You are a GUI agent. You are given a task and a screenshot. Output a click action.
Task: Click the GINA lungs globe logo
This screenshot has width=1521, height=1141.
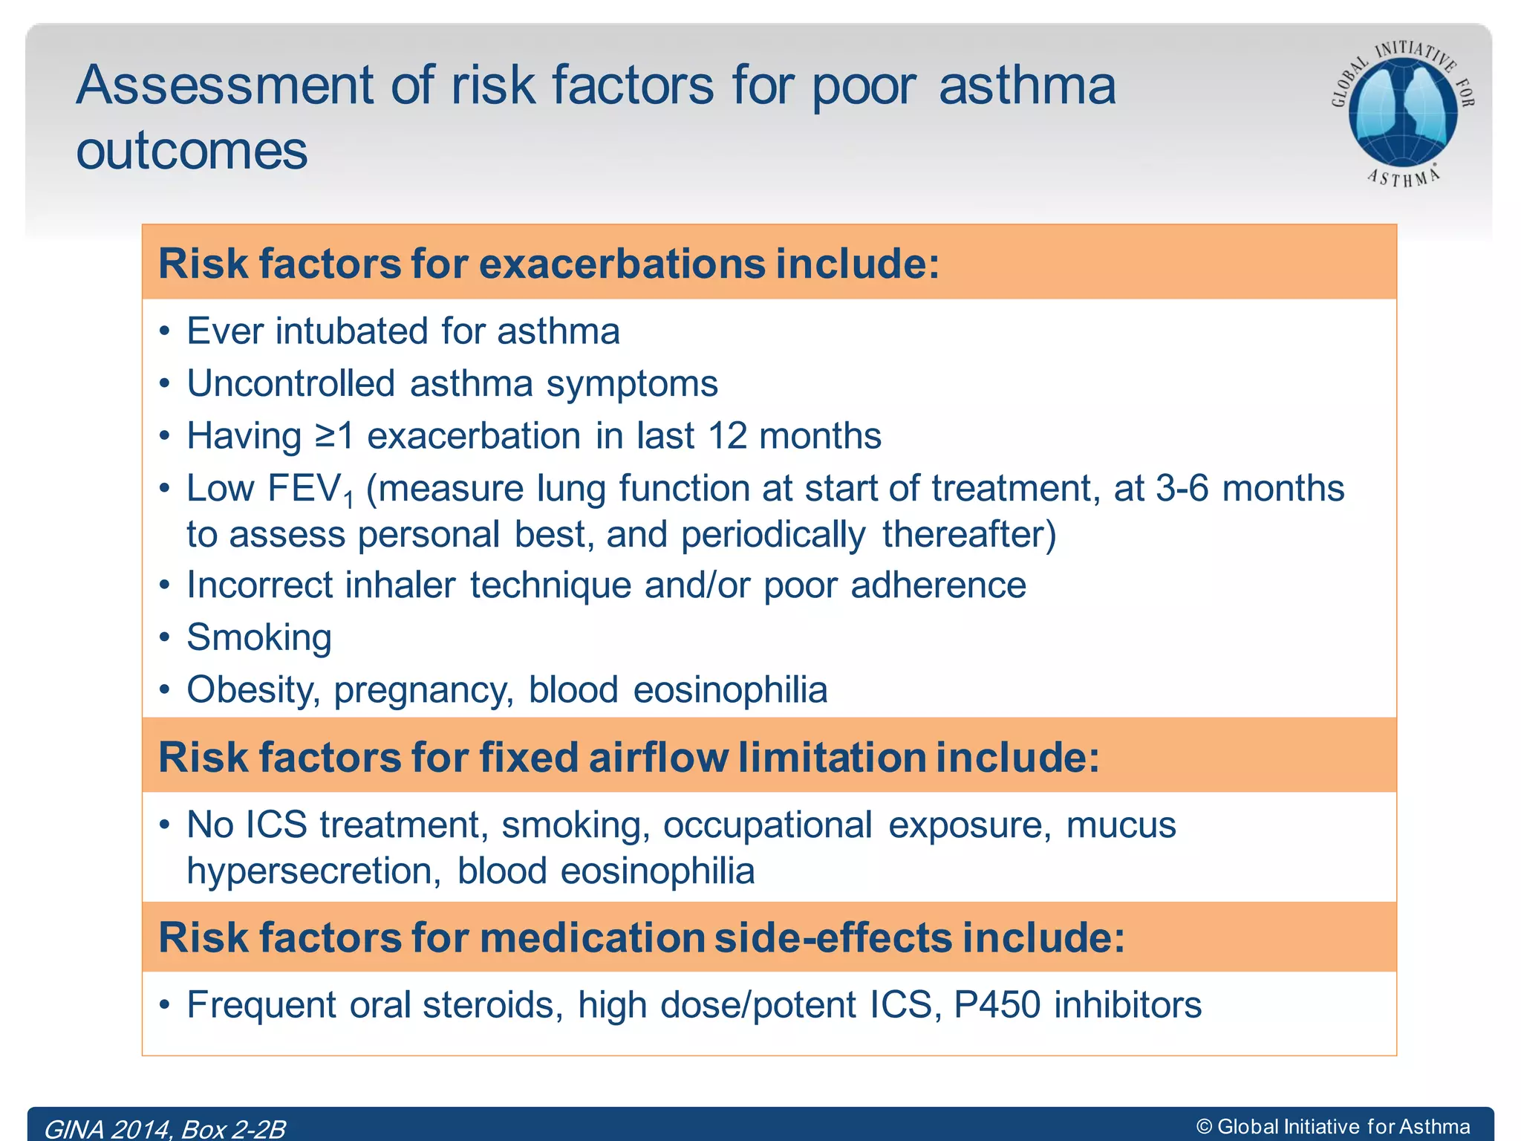(1402, 111)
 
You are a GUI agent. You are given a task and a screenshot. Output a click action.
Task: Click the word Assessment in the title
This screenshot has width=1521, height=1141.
(225, 86)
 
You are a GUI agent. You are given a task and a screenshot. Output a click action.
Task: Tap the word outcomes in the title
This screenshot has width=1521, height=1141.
(192, 152)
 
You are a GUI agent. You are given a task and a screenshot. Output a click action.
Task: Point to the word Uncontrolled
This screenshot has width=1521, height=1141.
(290, 384)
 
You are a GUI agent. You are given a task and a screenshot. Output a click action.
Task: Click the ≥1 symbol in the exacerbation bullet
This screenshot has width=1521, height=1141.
(334, 436)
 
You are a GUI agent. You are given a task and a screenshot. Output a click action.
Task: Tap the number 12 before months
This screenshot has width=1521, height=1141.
(726, 436)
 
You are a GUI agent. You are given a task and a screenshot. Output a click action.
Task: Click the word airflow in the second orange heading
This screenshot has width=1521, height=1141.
(658, 758)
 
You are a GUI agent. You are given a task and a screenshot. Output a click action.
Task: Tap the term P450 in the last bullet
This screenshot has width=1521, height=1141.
(997, 1005)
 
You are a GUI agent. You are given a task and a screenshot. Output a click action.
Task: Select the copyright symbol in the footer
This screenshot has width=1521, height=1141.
(1204, 1127)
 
